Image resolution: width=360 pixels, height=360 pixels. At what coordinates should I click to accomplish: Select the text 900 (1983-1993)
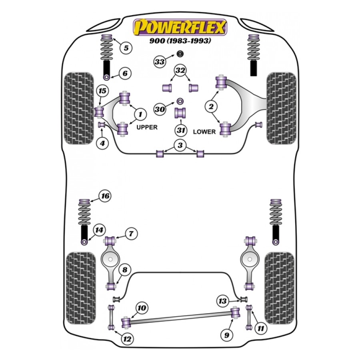tap(180, 41)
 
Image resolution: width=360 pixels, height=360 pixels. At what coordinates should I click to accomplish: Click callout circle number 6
tap(125, 73)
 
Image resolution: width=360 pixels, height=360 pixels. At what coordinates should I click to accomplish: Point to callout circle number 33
tap(160, 62)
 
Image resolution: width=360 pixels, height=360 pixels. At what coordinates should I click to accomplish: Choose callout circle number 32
tap(181, 71)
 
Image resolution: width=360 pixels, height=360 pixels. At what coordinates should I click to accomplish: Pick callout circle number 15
tap(102, 91)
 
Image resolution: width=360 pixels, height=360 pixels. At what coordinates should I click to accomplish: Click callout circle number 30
tap(160, 109)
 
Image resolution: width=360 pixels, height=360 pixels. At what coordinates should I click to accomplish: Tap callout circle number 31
tap(180, 130)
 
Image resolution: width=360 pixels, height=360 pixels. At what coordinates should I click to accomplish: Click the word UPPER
tap(147, 127)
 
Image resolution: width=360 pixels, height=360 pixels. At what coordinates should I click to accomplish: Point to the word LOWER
tap(204, 132)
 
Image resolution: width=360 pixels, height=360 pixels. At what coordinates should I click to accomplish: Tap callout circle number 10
tap(142, 308)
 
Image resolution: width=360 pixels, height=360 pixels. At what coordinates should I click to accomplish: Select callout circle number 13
tap(223, 301)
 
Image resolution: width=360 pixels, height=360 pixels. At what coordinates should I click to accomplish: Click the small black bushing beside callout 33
tap(180, 54)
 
